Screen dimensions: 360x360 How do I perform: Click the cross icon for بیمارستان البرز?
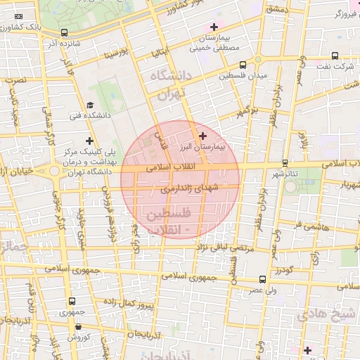coord(203,135)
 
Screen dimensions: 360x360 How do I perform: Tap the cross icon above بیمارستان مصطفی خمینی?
coord(214,27)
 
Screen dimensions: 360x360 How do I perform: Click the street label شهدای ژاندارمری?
coord(190,188)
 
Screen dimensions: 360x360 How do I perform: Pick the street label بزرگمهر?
coord(247,110)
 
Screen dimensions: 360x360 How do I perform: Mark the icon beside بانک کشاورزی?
coord(19,15)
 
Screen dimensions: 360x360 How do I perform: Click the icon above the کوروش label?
coord(77,326)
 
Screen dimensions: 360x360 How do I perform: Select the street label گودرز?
coord(283,271)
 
